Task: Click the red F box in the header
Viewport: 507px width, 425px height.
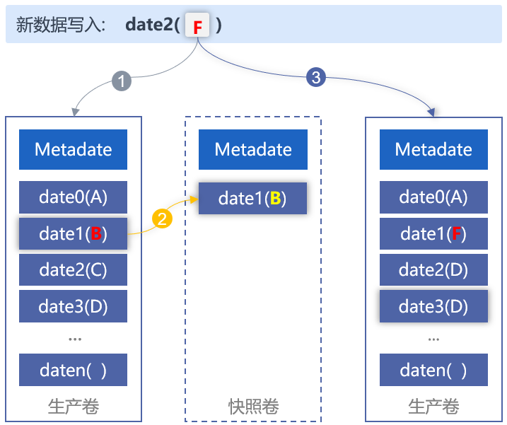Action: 197,25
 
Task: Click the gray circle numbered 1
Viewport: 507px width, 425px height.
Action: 122,81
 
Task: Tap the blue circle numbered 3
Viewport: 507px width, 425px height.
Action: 316,77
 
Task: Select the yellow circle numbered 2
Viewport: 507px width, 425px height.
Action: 162,219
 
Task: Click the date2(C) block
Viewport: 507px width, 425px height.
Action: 73,269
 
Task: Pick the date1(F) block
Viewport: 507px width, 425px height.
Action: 433,233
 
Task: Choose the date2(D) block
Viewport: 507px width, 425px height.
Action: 433,269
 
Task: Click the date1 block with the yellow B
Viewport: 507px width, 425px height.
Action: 252,198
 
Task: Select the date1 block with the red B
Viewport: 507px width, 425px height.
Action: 73,233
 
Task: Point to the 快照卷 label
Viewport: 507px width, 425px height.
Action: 253,406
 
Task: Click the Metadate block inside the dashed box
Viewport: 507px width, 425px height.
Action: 253,149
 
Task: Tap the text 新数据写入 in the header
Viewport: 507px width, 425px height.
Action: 61,25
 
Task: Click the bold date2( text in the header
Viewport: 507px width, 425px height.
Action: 153,25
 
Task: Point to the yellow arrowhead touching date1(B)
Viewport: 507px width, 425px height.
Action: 194,199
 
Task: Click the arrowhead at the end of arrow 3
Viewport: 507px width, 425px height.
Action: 431,112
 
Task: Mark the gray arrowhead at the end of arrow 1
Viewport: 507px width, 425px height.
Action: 76,112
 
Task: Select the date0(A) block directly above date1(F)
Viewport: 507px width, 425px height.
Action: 433,197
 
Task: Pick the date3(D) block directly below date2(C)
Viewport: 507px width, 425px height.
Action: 73,306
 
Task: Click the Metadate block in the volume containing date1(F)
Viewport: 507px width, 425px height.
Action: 433,149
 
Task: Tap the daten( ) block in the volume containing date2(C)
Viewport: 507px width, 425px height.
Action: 73,370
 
